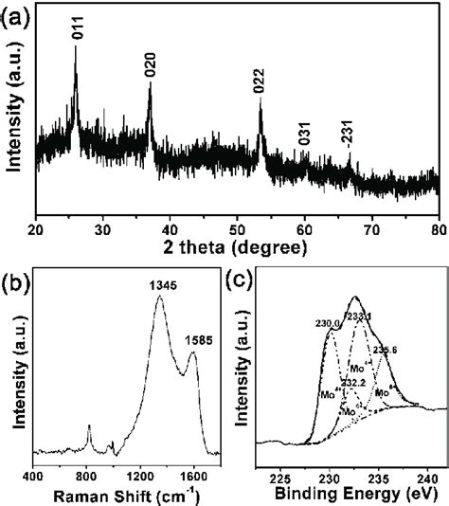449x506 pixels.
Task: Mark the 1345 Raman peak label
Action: (x=157, y=284)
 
